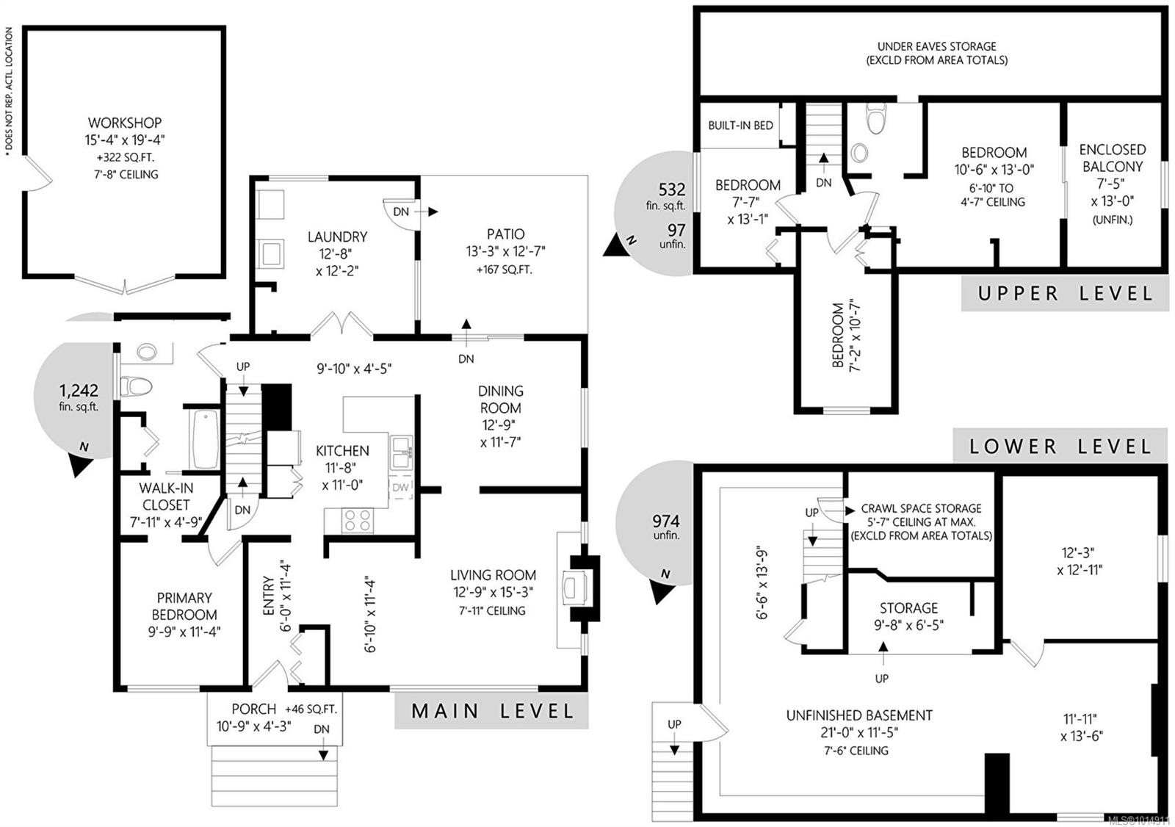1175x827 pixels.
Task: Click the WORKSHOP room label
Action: tap(125, 123)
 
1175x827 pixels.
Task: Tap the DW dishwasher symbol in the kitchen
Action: tap(401, 487)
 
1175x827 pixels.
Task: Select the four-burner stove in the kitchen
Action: tap(358, 520)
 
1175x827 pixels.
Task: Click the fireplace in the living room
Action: tap(572, 588)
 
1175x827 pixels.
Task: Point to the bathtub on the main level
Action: tap(205, 438)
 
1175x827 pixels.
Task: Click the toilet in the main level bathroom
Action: tap(137, 386)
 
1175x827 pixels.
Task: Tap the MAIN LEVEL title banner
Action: tap(492, 711)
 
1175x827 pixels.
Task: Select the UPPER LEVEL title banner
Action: tap(1066, 294)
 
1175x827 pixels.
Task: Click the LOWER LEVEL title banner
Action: tap(1060, 446)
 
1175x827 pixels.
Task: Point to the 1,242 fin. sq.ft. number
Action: tap(79, 391)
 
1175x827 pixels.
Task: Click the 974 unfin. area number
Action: tap(665, 521)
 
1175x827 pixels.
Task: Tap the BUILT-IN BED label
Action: tap(740, 126)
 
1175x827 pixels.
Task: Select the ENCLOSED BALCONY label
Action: tap(1112, 158)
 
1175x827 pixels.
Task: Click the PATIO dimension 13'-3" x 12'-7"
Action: tap(505, 251)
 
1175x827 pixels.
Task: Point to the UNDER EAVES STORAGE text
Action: tap(936, 46)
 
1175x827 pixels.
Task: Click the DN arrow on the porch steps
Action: tap(322, 754)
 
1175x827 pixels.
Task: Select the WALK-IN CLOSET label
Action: tap(166, 496)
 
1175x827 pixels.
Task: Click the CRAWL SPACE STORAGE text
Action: tap(921, 508)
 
